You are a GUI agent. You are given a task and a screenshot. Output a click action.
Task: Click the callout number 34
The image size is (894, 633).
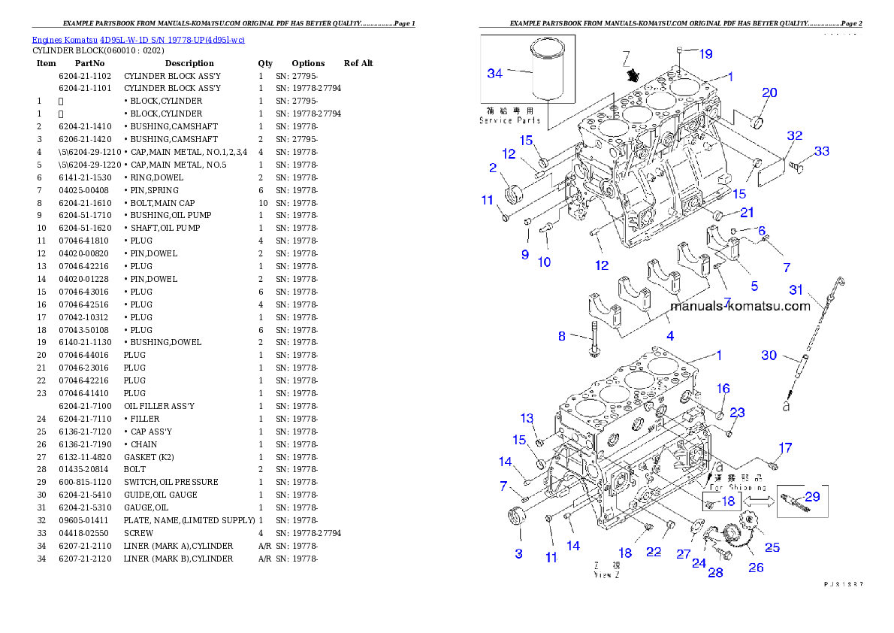[494, 73]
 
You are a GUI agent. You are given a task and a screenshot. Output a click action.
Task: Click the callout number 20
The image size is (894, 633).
[769, 92]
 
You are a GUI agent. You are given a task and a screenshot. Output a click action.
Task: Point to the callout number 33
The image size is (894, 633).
[822, 151]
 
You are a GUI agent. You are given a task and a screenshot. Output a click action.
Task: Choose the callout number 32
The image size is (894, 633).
[794, 136]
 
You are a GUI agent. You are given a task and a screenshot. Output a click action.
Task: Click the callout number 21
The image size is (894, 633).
[747, 213]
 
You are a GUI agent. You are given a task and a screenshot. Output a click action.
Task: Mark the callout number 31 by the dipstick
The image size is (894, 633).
[796, 290]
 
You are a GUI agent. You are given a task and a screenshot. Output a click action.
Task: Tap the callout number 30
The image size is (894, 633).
[769, 355]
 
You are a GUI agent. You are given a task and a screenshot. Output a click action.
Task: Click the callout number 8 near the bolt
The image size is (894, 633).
[562, 336]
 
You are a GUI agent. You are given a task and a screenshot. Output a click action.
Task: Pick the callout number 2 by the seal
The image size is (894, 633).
[493, 168]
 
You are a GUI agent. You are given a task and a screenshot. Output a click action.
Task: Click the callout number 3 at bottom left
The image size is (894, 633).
[518, 554]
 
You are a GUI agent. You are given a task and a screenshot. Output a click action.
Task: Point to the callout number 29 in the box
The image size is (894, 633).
[812, 496]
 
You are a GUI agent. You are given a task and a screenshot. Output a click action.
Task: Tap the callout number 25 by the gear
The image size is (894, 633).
[772, 547]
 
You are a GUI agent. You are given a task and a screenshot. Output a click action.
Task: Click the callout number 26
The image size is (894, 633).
[756, 568]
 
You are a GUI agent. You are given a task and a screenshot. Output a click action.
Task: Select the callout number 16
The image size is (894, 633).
[723, 389]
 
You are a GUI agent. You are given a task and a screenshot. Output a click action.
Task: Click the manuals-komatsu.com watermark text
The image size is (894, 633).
[740, 306]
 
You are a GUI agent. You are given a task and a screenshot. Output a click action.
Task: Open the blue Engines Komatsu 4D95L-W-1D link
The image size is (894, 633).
[138, 39]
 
